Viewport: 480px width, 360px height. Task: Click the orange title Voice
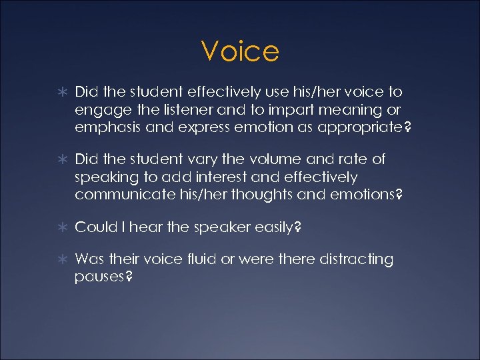pos(240,51)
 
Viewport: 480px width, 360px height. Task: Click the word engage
pos(98,109)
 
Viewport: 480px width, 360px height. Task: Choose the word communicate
pos(120,195)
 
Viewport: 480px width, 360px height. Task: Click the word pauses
pos(99,277)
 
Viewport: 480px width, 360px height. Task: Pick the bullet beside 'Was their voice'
pos(61,259)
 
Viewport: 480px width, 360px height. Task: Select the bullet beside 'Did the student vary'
pos(61,160)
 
